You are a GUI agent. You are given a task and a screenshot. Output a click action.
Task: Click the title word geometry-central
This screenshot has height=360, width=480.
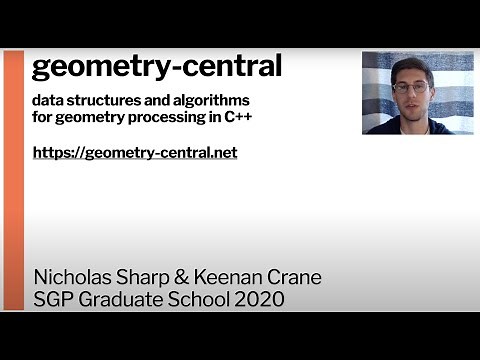(157, 67)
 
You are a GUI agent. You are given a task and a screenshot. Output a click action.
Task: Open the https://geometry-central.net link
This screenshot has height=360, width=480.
(134, 153)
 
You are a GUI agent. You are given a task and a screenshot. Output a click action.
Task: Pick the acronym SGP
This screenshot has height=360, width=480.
(54, 300)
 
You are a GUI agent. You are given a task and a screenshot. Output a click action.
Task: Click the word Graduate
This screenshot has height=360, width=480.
(125, 300)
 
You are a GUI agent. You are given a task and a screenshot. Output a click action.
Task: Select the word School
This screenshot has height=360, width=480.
(208, 300)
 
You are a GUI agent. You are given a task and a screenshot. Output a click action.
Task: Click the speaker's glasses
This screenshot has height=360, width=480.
(409, 87)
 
